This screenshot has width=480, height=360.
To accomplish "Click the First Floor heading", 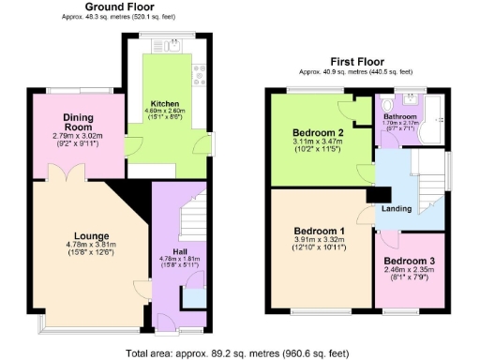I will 355,62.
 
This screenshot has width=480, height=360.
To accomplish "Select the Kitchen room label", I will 167,103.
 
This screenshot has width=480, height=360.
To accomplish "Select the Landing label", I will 395,208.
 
